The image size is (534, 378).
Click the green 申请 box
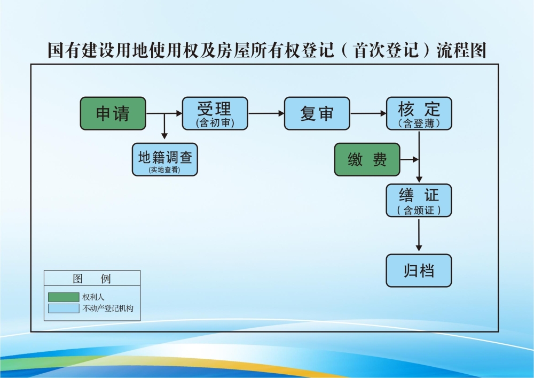[x=113, y=113]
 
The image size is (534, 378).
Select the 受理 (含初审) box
[x=215, y=113]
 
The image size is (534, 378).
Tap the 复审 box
[x=317, y=113]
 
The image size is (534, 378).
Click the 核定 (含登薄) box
[x=419, y=113]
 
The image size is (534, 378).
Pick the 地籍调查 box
[x=164, y=159]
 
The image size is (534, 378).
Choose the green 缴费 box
[x=367, y=159]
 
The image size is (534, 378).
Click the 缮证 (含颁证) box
[x=419, y=200]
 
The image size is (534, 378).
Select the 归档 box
[x=419, y=271]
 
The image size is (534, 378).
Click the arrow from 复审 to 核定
[x=368, y=113]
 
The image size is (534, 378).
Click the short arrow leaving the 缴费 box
[x=409, y=159]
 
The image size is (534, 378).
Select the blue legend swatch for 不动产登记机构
[x=63, y=308]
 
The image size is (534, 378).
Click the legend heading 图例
[x=92, y=279]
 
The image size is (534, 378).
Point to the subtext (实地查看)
[x=164, y=169]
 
